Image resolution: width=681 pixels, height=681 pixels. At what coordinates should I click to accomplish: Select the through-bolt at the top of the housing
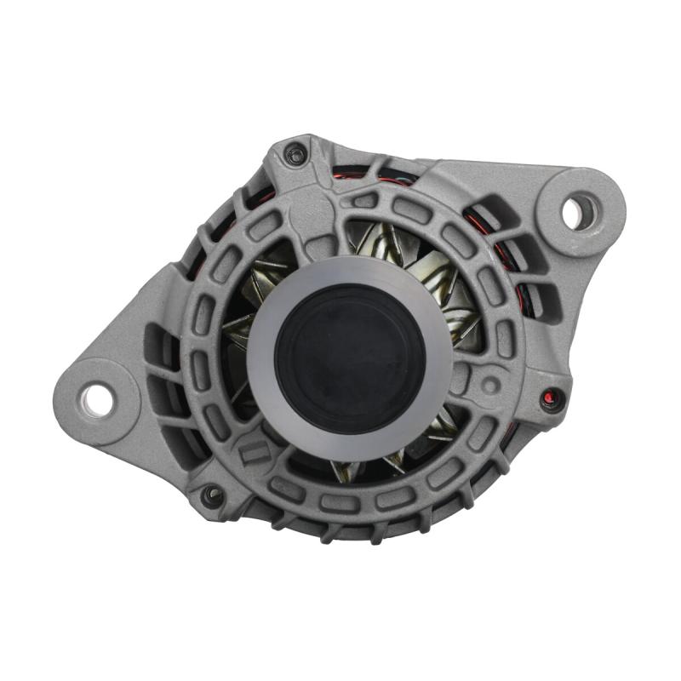[x=296, y=155]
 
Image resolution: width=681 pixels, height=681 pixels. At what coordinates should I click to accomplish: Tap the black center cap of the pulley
[x=350, y=358]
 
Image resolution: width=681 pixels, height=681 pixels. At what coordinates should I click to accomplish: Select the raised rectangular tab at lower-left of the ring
[x=254, y=453]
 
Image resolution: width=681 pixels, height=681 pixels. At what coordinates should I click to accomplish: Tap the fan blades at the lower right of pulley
[x=438, y=426]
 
